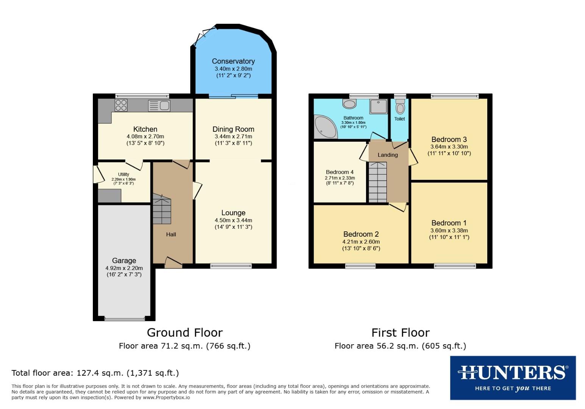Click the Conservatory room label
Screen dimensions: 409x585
pyautogui.click(x=233, y=61)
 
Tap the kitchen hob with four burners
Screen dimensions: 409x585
pyautogui.click(x=121, y=105)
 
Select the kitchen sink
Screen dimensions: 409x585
pyautogui.click(x=159, y=106)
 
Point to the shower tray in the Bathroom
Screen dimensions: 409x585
pyautogui.click(x=379, y=106)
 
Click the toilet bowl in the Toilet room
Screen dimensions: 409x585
pyautogui.click(x=400, y=108)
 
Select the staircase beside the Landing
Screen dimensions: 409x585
pyautogui.click(x=378, y=182)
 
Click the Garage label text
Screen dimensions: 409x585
pyautogui.click(x=124, y=261)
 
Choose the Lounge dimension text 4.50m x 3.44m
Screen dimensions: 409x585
pyautogui.click(x=233, y=220)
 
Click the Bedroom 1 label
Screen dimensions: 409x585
pyautogui.click(x=449, y=223)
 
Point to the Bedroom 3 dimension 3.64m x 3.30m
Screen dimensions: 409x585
pyautogui.click(x=449, y=147)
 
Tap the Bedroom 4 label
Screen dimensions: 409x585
pyautogui.click(x=339, y=172)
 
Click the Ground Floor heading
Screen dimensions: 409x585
pyautogui.click(x=185, y=333)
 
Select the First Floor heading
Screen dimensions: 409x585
pyautogui.click(x=400, y=333)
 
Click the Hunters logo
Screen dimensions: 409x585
pyautogui.click(x=513, y=378)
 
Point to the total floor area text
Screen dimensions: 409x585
pyautogui.click(x=95, y=373)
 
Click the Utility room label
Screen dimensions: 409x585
pyautogui.click(x=124, y=175)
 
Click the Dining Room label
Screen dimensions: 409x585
pyautogui.click(x=233, y=129)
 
